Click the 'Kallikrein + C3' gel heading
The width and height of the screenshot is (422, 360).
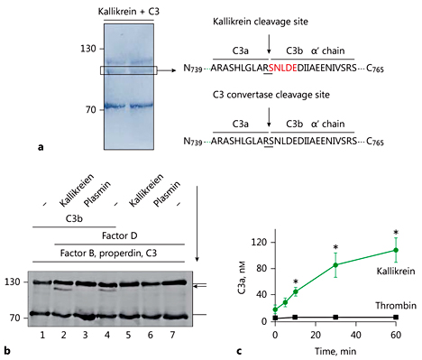point(134,9)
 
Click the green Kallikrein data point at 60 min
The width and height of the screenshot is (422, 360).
point(395,250)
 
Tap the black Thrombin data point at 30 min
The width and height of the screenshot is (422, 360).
point(335,317)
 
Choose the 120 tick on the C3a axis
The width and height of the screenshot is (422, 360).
point(263,241)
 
